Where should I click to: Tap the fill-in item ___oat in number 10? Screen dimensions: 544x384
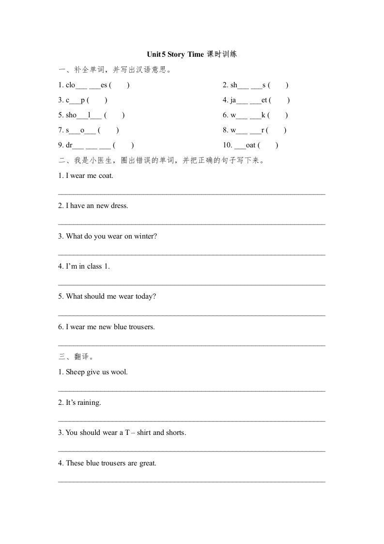[x=244, y=145]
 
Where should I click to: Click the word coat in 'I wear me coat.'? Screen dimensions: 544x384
[x=106, y=176]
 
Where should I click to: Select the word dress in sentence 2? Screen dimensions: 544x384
[x=119, y=206]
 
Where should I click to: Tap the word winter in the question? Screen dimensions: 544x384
[x=145, y=236]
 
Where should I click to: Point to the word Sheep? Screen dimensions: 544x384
[x=75, y=372]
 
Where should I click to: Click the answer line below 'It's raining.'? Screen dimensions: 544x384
[x=191, y=421]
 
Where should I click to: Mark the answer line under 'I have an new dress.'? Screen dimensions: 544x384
[x=191, y=224]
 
